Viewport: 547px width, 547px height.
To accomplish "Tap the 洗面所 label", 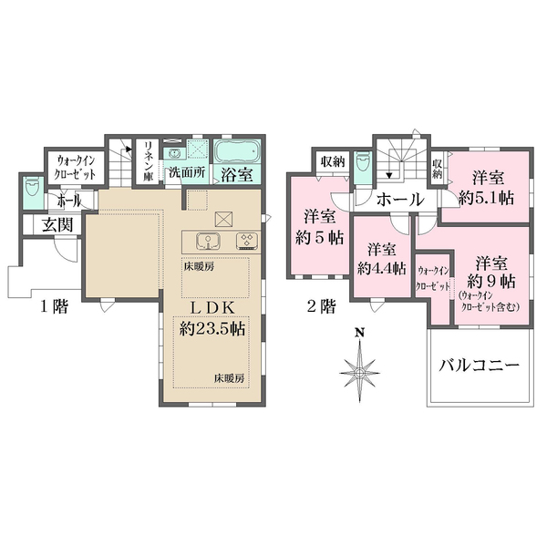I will pos(185,172).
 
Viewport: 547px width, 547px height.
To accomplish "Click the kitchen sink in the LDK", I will pos(208,242).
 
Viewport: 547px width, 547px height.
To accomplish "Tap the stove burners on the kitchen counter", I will pos(246,242).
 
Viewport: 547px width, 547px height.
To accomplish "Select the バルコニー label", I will pos(480,365).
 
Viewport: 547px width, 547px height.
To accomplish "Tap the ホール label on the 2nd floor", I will pos(397,199).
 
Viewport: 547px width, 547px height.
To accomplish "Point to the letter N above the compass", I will pos(359,333).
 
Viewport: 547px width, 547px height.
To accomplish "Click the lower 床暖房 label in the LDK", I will pos(229,377).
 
